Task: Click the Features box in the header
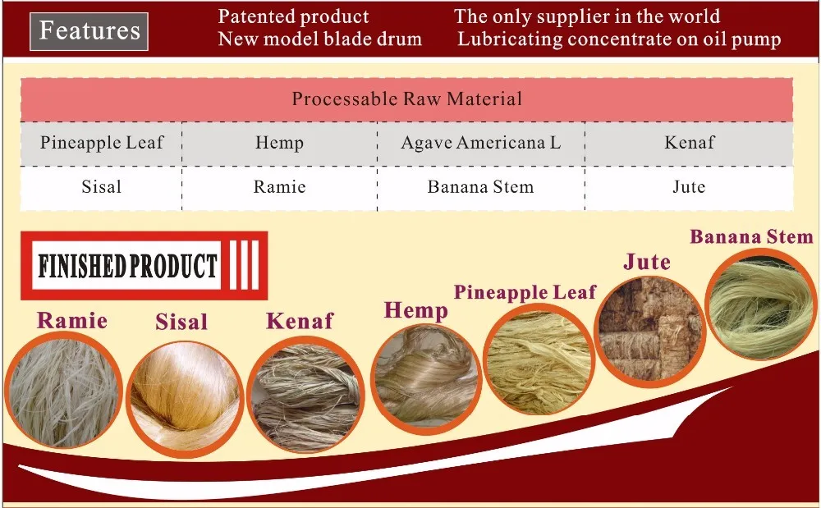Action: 89,31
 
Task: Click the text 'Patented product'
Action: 293,16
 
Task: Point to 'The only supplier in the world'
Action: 587,16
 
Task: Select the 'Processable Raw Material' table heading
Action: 406,99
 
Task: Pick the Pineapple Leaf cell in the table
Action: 102,143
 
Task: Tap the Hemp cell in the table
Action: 279,143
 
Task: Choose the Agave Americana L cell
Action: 480,143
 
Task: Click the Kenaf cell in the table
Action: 689,143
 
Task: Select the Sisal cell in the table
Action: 102,187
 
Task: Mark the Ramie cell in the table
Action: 279,187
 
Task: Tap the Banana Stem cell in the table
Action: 480,187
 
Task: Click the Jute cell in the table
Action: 689,187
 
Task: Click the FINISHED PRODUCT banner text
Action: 128,266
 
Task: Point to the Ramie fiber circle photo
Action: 63,388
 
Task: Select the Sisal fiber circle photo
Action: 182,397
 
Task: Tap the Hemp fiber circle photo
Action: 425,373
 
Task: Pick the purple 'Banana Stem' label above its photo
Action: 751,237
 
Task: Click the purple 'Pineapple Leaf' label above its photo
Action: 525,292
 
